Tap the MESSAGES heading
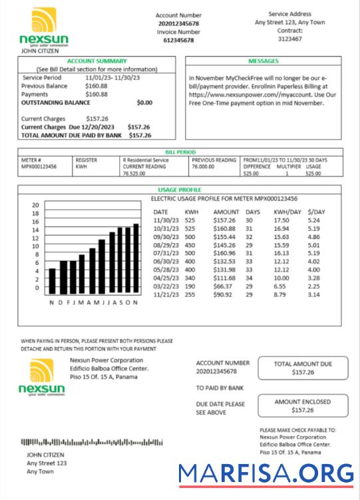tap(264, 61)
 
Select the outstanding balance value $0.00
tap(144, 103)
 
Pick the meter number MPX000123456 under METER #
tap(39, 167)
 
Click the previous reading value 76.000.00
tap(207, 167)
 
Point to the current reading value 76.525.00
tap(134, 174)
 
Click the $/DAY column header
tap(317, 211)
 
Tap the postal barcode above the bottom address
tap(92, 442)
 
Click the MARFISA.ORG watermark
tap(266, 473)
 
